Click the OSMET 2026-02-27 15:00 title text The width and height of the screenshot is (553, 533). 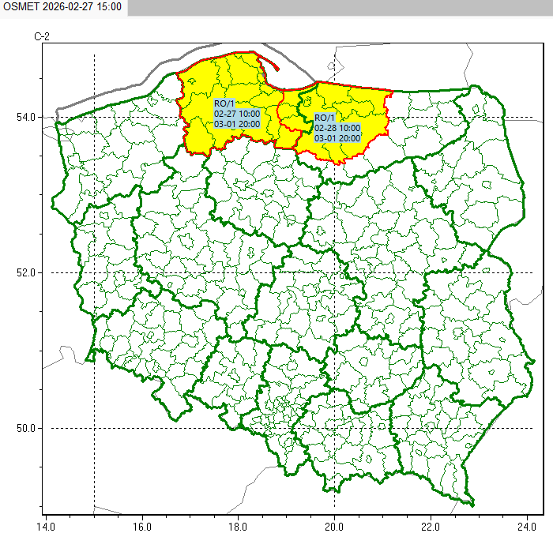(62, 7)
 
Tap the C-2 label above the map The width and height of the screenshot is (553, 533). (42, 36)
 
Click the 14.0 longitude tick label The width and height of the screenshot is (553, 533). (46, 524)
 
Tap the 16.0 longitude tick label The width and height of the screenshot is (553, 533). (141, 524)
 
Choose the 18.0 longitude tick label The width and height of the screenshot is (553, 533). (238, 524)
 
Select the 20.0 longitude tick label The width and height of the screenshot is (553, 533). (334, 524)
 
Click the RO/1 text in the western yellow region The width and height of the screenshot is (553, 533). (224, 103)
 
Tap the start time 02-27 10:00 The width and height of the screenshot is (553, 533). (237, 114)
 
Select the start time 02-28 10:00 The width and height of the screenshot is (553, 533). (337, 128)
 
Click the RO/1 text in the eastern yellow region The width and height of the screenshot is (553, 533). (325, 118)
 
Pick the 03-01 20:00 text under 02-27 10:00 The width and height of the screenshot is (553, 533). (237, 124)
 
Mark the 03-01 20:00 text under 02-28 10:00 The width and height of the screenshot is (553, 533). (337, 138)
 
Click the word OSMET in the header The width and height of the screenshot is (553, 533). (21, 7)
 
